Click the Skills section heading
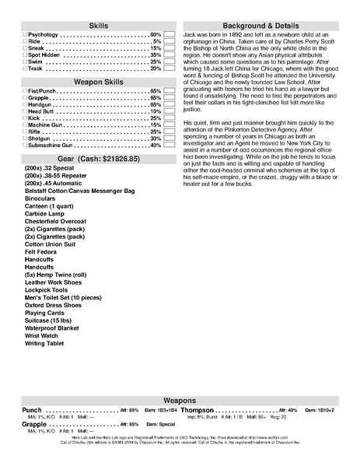(100, 26)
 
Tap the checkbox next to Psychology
(25, 36)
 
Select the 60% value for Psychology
(156, 36)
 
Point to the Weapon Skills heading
(100, 81)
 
